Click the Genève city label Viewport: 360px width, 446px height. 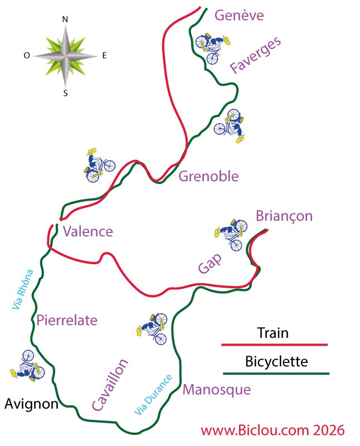point(239,16)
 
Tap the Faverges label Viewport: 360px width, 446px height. point(256,55)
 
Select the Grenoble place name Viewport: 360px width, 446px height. point(208,176)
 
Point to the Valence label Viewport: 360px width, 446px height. point(88,231)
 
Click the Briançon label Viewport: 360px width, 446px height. point(284,216)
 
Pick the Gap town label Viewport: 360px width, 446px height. point(210,263)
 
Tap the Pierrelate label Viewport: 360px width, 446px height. point(67,320)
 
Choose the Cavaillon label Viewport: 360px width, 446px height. point(110,385)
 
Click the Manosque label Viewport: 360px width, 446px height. point(217,390)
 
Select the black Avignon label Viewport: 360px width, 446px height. point(32,404)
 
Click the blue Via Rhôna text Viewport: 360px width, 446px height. point(22,289)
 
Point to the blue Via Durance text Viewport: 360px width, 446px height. point(153,395)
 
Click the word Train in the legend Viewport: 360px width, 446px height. point(273,333)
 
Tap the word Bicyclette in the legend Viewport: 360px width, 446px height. point(276,362)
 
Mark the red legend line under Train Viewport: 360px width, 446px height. point(275,345)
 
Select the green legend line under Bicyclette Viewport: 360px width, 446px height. point(276,374)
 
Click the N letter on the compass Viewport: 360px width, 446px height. point(65,20)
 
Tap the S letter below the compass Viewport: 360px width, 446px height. point(65,93)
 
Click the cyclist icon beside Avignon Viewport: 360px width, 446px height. point(27,366)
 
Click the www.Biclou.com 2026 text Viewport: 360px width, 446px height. point(273,430)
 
